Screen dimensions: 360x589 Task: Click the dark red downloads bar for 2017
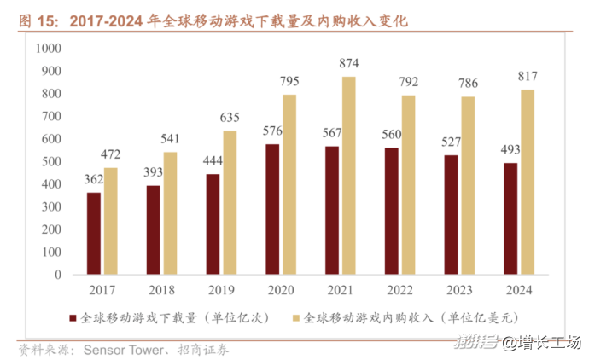[x=94, y=234]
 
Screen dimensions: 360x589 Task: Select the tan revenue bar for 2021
[x=348, y=176]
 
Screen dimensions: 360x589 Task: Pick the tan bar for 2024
[x=527, y=183]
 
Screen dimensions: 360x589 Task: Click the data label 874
[x=348, y=63]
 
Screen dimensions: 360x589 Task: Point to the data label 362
[x=94, y=179]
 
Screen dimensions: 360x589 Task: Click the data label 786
[x=468, y=84]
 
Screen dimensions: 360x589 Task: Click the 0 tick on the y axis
[x=59, y=276]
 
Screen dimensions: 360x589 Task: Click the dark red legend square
[x=74, y=319]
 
